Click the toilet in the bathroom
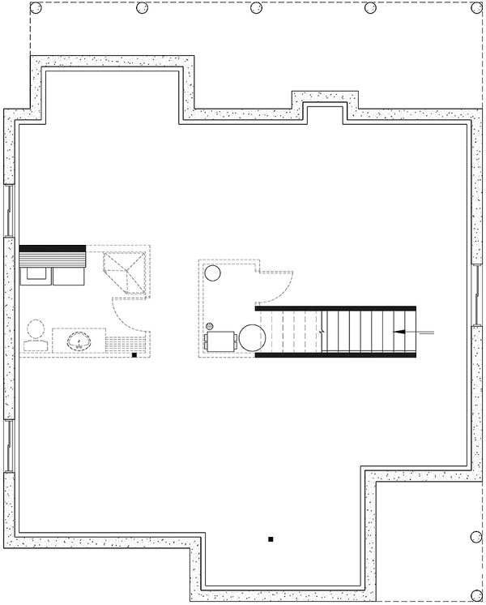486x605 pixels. [x=35, y=336]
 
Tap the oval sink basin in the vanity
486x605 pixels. [x=79, y=340]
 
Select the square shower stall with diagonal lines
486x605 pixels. [x=126, y=271]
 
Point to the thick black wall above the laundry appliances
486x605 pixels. [x=53, y=248]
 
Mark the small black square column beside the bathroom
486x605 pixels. [x=134, y=355]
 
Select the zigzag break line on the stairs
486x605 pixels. [x=322, y=331]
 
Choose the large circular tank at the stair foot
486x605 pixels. [x=251, y=337]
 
